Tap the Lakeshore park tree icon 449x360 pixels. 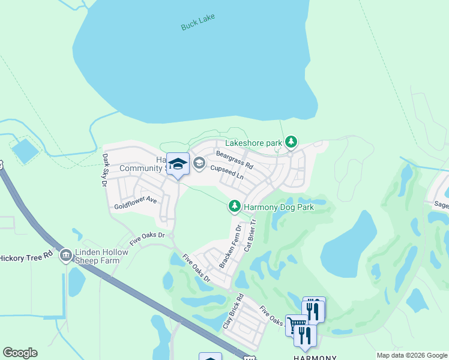pyautogui.click(x=291, y=142)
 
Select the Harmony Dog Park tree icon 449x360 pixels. pyautogui.click(x=234, y=207)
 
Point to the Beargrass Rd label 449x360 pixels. pyautogui.click(x=235, y=160)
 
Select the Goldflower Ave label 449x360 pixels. pyautogui.click(x=136, y=203)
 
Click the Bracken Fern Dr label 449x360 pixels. pyautogui.click(x=230, y=247)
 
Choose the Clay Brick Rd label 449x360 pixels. pyautogui.click(x=233, y=310)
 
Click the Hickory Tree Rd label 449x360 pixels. pyautogui.click(x=27, y=257)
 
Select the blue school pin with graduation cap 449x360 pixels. pyautogui.click(x=178, y=164)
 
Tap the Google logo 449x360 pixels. pyautogui.click(x=20, y=353)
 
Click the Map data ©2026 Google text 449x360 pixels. pyautogui.click(x=412, y=355)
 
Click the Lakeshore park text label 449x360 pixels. pyautogui.click(x=253, y=143)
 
